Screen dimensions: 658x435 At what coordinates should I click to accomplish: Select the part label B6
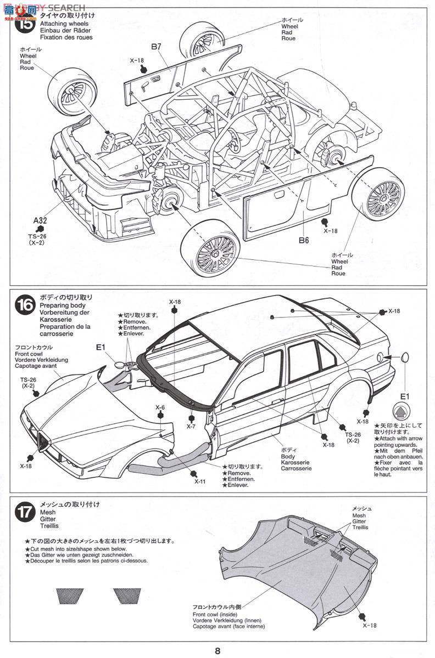(x=304, y=239)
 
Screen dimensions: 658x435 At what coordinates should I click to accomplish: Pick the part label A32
(x=40, y=220)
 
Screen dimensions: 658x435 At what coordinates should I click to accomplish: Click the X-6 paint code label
(x=160, y=407)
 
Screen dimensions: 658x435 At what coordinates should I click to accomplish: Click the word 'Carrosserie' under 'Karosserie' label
(x=295, y=469)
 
